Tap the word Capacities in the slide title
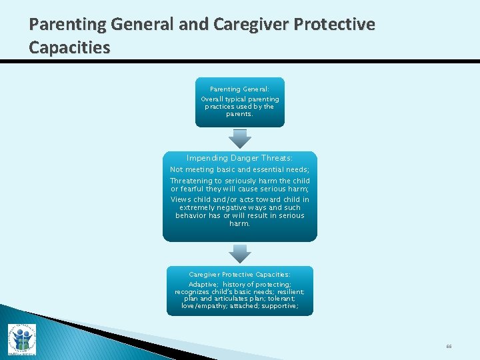pyautogui.click(x=70, y=48)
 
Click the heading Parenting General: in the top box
pyautogui.click(x=239, y=89)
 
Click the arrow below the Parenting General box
pyautogui.click(x=240, y=138)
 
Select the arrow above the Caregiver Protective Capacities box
pyautogui.click(x=240, y=253)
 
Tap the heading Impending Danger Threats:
pyautogui.click(x=239, y=159)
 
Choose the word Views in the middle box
pyautogui.click(x=181, y=199)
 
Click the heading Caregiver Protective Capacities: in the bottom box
pyautogui.click(x=239, y=275)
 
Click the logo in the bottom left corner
pyautogui.click(x=21, y=339)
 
